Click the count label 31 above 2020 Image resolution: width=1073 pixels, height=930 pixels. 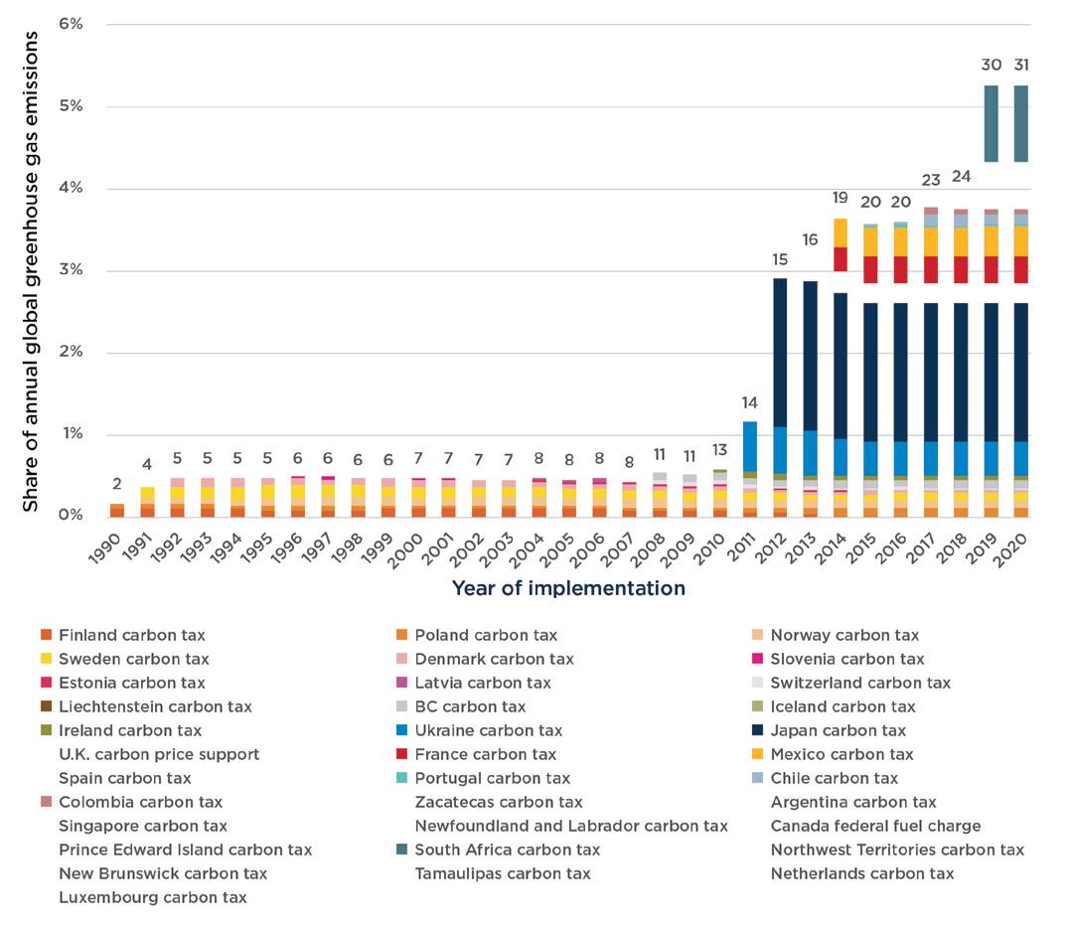pos(1021,65)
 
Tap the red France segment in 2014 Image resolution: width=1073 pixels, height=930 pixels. pos(841,258)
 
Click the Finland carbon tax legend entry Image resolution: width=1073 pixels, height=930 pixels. pos(131,635)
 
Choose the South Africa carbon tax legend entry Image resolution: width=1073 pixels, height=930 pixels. pos(507,850)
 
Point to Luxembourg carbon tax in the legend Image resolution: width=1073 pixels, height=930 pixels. pos(152,897)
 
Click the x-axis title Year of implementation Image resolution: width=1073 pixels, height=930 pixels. pos(568,588)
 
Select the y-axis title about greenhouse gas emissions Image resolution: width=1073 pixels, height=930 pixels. pos(32,270)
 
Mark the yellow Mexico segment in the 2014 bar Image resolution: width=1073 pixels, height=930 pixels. pos(841,232)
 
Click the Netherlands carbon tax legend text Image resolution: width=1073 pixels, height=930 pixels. pos(861,873)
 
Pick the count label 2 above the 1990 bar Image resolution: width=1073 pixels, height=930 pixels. pos(117,484)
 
